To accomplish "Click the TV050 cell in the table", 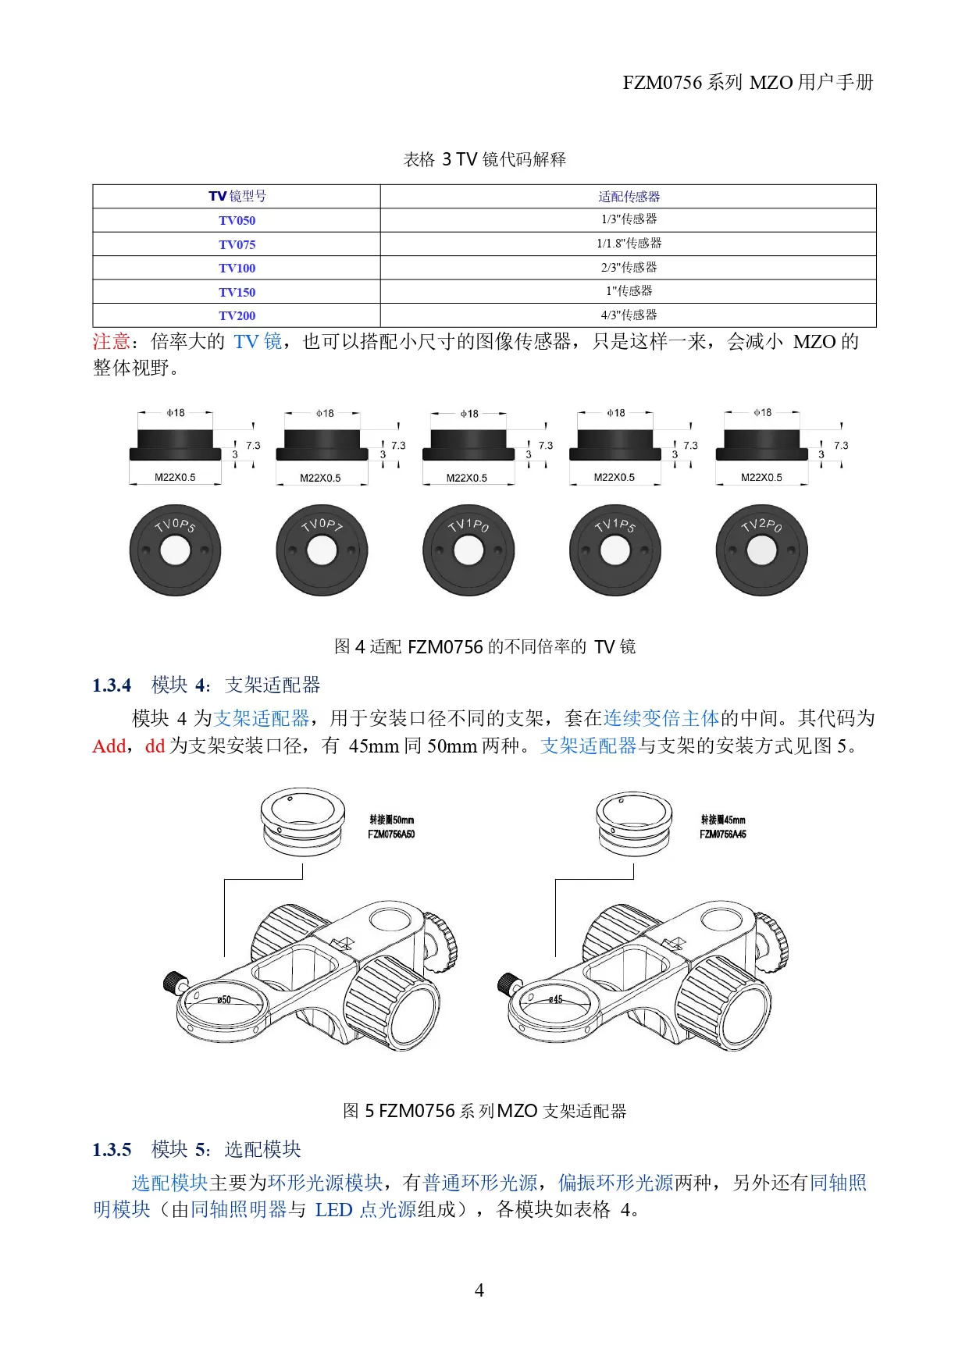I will click(x=237, y=220).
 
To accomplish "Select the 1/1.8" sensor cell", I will click(x=629, y=244).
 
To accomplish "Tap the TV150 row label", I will click(x=237, y=292).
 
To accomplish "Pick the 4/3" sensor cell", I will click(x=629, y=315).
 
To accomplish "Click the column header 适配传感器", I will click(x=629, y=197).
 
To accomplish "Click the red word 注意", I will click(x=111, y=342).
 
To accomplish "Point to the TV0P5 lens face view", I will click(x=175, y=550).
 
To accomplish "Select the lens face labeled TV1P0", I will click(x=468, y=550).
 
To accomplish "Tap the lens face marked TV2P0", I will click(x=761, y=550).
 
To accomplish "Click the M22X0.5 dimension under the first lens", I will click(x=175, y=477).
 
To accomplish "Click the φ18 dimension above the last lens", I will click(x=762, y=412).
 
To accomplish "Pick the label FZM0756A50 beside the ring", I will click(x=391, y=834).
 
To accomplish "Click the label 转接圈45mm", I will click(x=723, y=820).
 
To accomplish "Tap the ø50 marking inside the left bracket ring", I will click(x=224, y=999).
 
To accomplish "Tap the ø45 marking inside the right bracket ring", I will click(x=555, y=999).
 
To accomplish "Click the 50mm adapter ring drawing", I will click(x=302, y=821).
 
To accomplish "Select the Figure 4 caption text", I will click(x=484, y=646).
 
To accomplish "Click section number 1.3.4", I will click(x=112, y=685).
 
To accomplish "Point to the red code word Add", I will click(x=109, y=746).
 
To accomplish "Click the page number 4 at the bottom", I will click(x=479, y=1290).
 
